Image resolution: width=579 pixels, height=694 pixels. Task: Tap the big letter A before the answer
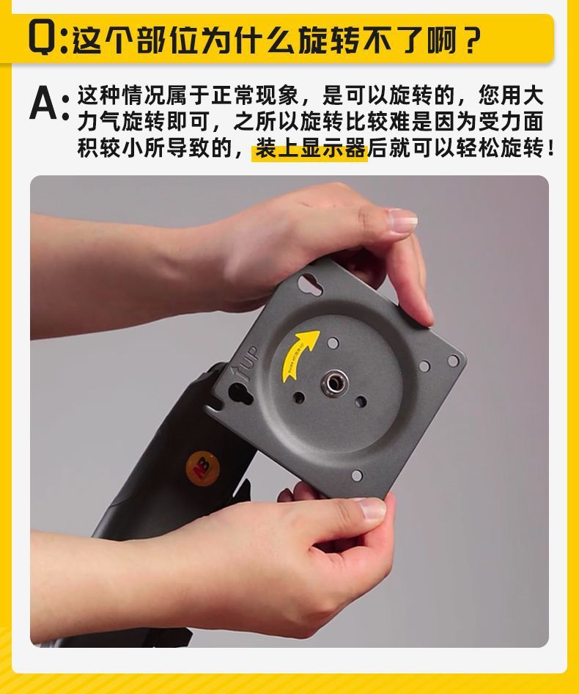tap(44, 103)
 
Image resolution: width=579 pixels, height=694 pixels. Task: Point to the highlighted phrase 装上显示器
tap(310, 149)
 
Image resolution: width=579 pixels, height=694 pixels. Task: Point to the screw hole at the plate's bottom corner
tap(356, 475)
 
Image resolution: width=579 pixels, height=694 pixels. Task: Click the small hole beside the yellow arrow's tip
tap(332, 342)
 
